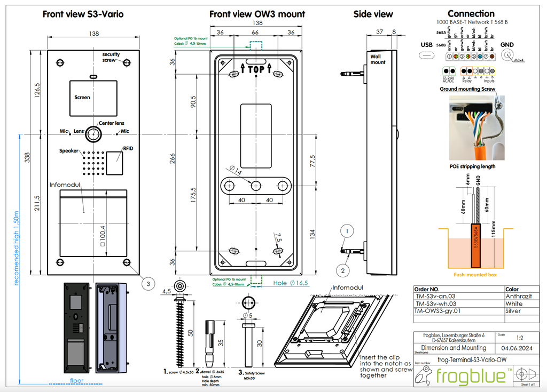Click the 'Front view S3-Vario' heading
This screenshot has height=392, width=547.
coord(83,14)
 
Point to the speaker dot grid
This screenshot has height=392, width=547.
coord(92,163)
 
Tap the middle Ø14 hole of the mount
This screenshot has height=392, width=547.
coord(256,185)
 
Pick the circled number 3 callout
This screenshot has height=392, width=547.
coord(148,284)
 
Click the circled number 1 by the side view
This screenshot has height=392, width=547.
coord(347,230)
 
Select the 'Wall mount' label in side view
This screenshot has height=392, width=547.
coord(378,59)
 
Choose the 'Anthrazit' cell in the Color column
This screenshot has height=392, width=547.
coord(518,296)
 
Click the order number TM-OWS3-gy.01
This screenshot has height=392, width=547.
coord(437,310)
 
